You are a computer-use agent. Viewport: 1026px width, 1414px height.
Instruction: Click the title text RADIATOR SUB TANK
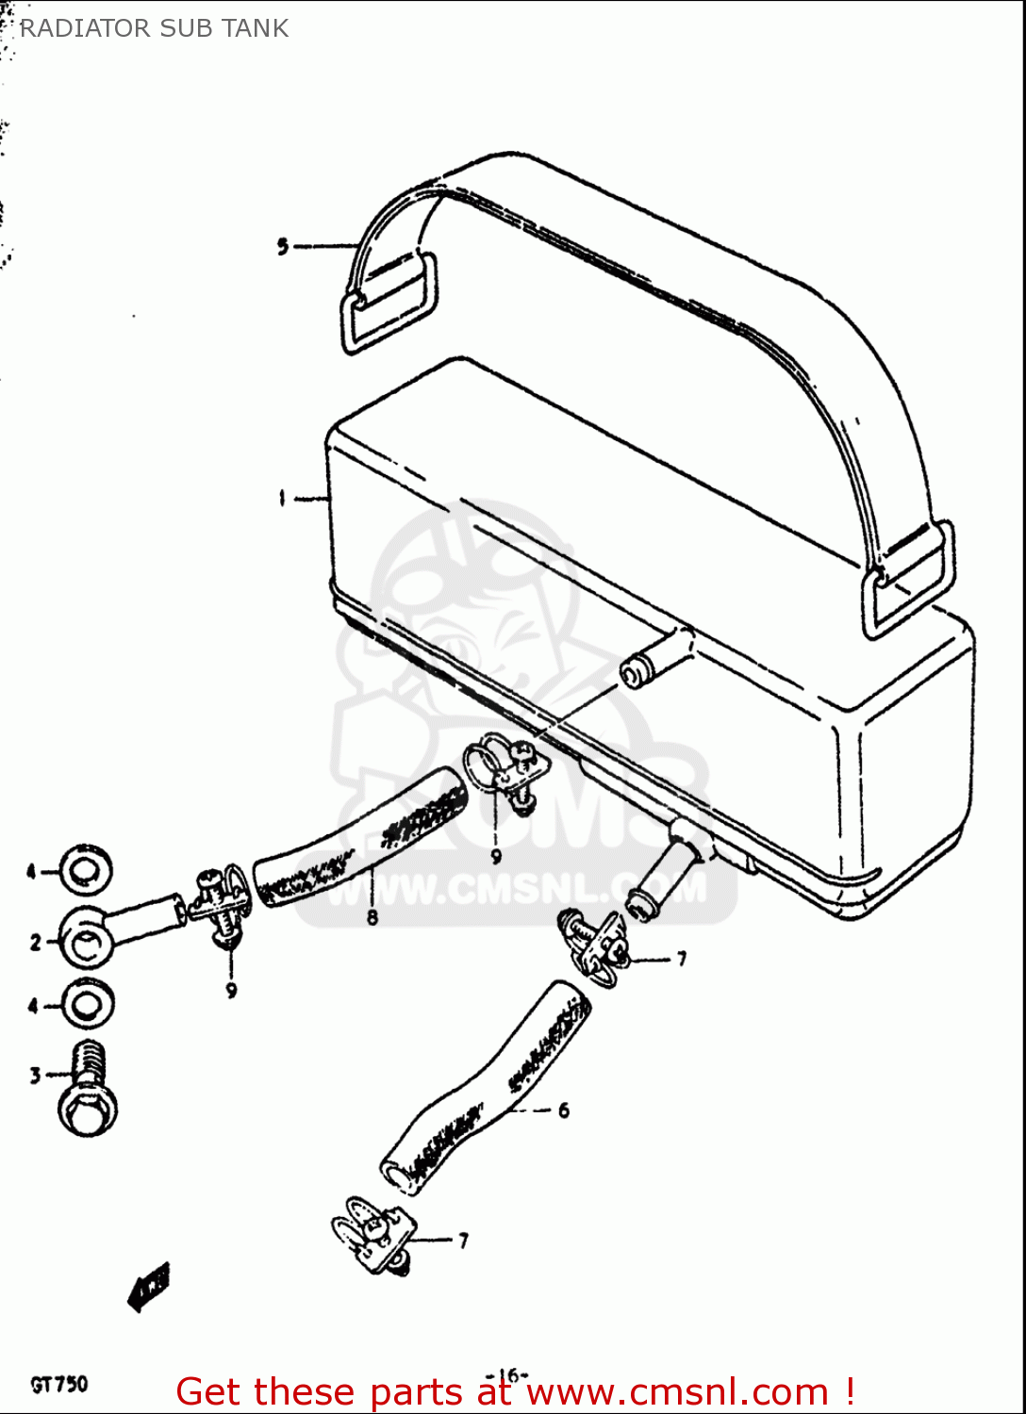tap(154, 28)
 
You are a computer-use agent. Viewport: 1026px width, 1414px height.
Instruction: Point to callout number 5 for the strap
tap(283, 247)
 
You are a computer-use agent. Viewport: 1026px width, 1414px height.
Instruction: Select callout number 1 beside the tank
tap(282, 499)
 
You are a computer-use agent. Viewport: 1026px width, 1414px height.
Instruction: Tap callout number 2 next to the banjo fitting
tap(36, 942)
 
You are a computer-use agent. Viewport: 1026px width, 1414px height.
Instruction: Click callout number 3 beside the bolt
tap(36, 1076)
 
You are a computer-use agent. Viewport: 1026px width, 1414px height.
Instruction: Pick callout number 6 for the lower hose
tap(563, 1110)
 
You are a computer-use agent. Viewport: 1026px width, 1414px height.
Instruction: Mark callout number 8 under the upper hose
tap(372, 917)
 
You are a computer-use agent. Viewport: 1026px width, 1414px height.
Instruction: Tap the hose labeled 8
tap(363, 839)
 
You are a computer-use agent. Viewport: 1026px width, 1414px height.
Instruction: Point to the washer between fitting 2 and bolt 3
tap(88, 1006)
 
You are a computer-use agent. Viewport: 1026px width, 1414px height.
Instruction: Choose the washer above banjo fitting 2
tap(87, 871)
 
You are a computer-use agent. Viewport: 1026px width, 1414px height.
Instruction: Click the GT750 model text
tap(59, 1384)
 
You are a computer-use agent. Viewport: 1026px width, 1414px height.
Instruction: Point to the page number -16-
tap(508, 1374)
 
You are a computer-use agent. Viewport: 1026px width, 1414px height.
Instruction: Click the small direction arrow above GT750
tap(149, 1287)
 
